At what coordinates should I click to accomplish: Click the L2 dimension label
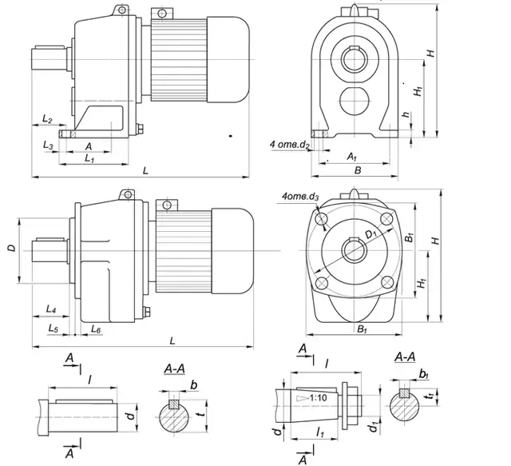coord(46,120)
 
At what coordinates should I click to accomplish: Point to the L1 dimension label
coord(90,158)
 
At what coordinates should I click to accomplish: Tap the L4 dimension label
coord(50,309)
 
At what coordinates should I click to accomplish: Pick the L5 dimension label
coord(53,328)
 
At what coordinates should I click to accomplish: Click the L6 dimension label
coord(95,329)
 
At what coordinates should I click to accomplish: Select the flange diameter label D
coord(11,249)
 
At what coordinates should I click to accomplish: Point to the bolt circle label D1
coord(370,233)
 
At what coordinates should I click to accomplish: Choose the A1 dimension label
coord(352,158)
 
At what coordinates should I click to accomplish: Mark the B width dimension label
coord(358,170)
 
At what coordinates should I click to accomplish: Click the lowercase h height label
coord(406,115)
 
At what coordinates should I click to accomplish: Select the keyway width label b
coord(194,384)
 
